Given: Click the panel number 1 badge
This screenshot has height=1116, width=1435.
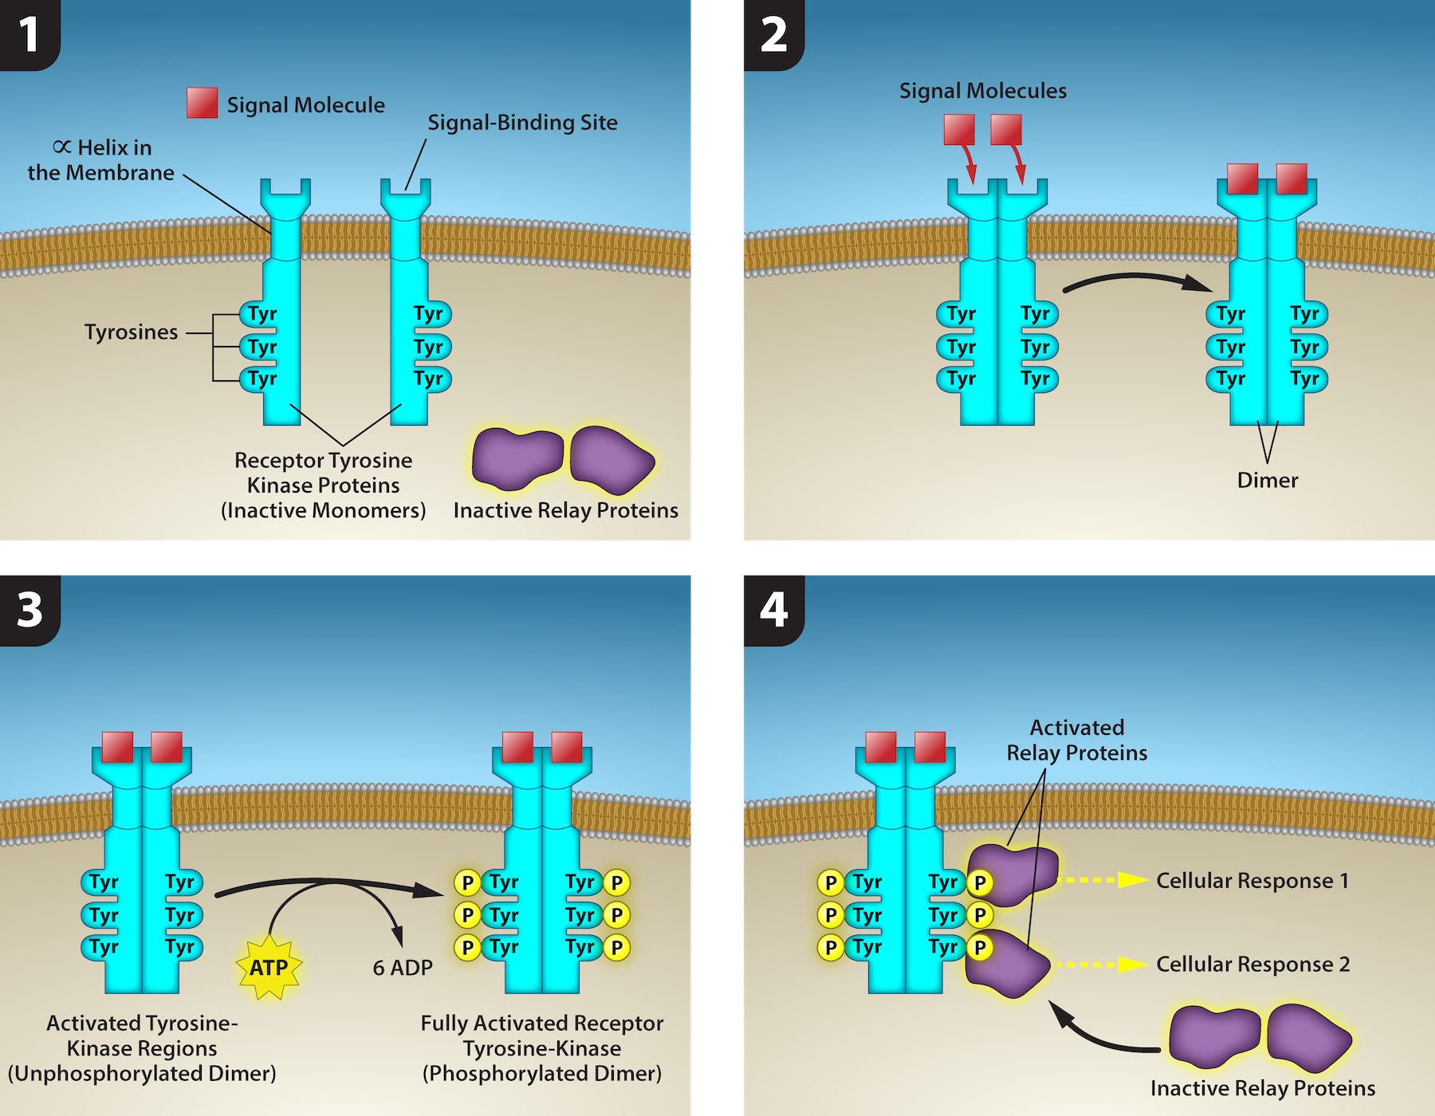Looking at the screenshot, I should pos(29,34).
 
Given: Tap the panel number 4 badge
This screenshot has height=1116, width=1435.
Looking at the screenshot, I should pos(773,610).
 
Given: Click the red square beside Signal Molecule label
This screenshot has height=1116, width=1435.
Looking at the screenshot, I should pos(202,103).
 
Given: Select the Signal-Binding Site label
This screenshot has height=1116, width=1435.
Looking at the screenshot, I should pos(522,123).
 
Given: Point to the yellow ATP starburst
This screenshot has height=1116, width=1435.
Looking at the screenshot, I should pos(269,968).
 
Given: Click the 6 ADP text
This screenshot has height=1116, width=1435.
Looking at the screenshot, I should pos(403,968).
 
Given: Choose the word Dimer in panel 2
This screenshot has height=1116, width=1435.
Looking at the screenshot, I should pos(1267,481).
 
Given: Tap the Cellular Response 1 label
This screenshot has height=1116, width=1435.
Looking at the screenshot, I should pos(1252,881).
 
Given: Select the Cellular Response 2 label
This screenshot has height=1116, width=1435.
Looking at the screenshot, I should pos(1252,965).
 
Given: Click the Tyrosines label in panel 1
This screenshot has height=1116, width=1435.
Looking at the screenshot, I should pos(132,332).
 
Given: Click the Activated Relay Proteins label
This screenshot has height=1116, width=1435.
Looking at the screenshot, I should pos(1076,741).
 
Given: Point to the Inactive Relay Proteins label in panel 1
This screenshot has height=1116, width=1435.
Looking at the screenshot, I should pos(565,511).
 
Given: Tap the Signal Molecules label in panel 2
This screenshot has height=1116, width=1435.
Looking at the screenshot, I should pos(982,92).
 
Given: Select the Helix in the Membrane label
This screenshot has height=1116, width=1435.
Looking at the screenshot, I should pos(101,160).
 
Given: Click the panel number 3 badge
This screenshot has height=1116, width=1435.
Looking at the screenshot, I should pos(29,610).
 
